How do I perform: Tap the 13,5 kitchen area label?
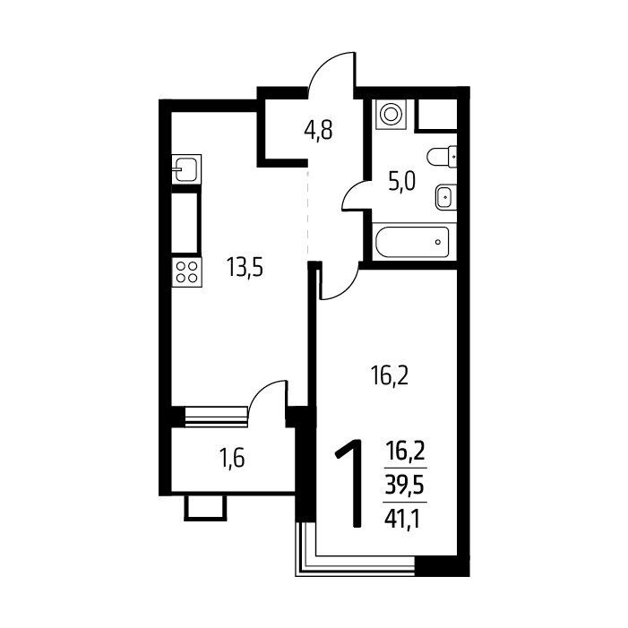[245, 267]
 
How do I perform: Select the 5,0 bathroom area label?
[401, 182]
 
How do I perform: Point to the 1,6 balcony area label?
[232, 458]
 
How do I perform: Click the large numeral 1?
[350, 483]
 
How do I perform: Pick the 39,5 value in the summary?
[405, 486]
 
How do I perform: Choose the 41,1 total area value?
[402, 520]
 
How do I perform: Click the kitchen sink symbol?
[186, 169]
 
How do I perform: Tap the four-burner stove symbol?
[186, 272]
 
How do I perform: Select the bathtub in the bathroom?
[412, 242]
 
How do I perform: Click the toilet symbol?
[443, 156]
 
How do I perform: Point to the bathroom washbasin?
[446, 197]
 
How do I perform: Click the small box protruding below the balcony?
[205, 507]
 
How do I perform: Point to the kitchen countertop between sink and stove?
[185, 223]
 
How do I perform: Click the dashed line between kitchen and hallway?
[307, 211]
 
